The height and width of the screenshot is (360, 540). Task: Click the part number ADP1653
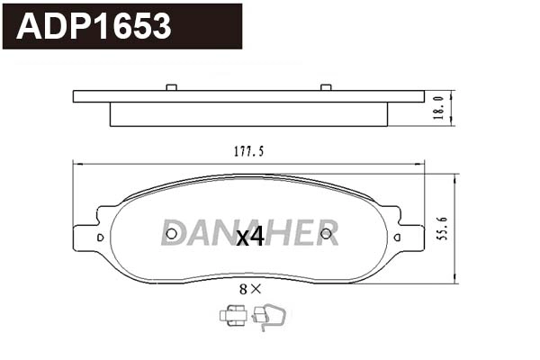[x=94, y=26]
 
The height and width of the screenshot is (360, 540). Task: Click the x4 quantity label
[x=249, y=237]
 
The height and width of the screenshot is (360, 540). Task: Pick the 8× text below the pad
[x=249, y=289]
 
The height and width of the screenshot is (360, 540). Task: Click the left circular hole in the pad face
[x=172, y=237]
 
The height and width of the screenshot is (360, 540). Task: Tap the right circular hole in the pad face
[x=326, y=237]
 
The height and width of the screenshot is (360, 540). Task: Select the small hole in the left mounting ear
[x=100, y=238]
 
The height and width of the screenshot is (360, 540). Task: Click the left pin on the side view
[x=171, y=87]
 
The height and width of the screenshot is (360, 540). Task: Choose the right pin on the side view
[x=326, y=87]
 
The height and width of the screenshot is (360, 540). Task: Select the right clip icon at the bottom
[x=268, y=315]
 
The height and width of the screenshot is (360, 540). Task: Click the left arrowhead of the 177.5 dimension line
[x=76, y=164]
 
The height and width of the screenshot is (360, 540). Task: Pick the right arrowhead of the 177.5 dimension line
[x=422, y=164]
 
